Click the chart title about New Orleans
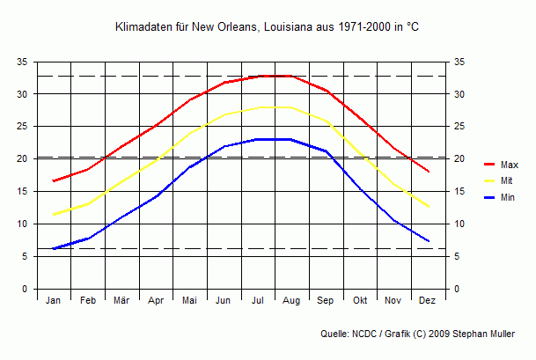tap(268, 27)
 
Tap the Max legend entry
tap(509, 165)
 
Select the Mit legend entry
tap(507, 180)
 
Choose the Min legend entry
tap(507, 197)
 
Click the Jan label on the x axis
tap(53, 301)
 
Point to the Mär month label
tap(121, 301)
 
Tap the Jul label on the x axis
tap(258, 301)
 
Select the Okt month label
tap(360, 301)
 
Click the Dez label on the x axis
tap(428, 301)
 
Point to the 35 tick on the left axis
tap(22, 62)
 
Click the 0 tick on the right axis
tap(456, 289)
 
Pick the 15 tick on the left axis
tap(22, 191)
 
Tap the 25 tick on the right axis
tap(459, 127)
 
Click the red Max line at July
tap(258, 77)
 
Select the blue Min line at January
tap(54, 248)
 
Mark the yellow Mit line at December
tap(429, 207)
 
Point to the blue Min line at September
tap(327, 151)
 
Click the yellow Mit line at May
tap(190, 133)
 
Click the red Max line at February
tap(87, 169)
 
